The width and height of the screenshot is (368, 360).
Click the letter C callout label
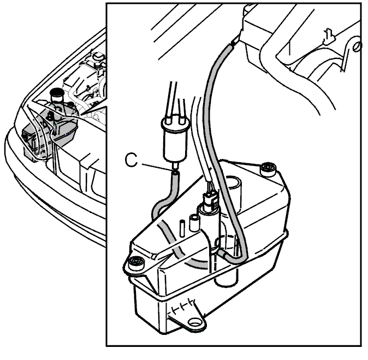pyautogui.click(x=131, y=160)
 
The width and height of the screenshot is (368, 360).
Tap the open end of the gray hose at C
pyautogui.click(x=176, y=174)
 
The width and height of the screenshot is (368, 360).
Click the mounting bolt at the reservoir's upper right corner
pyautogui.click(x=268, y=169)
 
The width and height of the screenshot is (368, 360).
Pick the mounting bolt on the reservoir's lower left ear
pyautogui.click(x=136, y=262)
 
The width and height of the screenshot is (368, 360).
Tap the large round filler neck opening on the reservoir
pyautogui.click(x=233, y=182)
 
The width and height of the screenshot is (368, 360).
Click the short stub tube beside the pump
pyautogui.click(x=194, y=223)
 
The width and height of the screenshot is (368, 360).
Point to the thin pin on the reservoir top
pyautogui.click(x=182, y=228)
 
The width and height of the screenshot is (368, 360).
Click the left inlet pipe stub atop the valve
pyautogui.click(x=169, y=119)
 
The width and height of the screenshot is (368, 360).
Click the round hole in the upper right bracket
pyautogui.click(x=357, y=46)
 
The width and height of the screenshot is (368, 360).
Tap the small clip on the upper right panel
pyautogui.click(x=329, y=37)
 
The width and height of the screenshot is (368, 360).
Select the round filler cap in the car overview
pyautogui.click(x=57, y=92)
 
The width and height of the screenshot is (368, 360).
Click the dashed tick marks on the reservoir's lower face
pyautogui.click(x=182, y=306)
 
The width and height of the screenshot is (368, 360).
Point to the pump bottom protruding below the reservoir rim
pyautogui.click(x=226, y=276)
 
